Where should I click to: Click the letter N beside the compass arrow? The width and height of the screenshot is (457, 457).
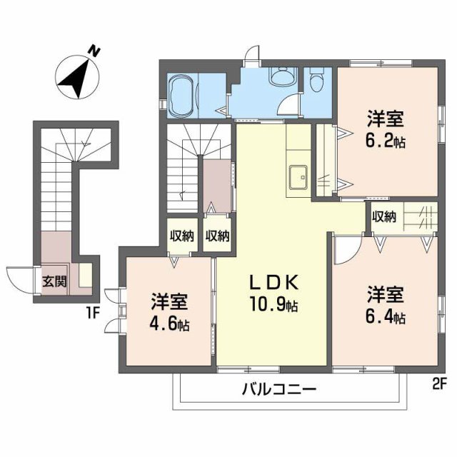94,51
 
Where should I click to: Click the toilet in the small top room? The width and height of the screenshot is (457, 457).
316,81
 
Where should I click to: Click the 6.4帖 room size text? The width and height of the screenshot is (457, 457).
388,316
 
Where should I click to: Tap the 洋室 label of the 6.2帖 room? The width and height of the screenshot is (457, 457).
386,118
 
